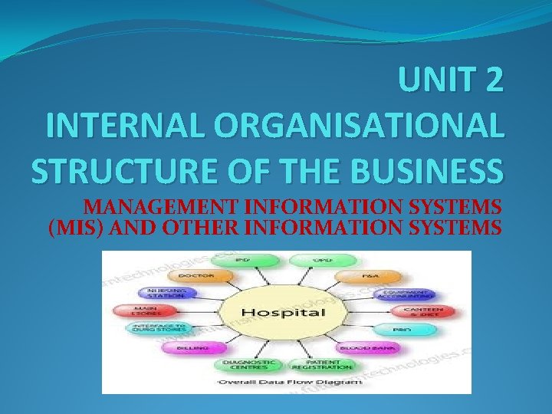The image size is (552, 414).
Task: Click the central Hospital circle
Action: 283,312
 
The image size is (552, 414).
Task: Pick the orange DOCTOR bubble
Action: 196,275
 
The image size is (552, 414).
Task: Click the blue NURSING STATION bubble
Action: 166,294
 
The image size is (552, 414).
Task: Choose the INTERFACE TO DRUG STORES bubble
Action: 156,328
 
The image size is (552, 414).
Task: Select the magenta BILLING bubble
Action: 187,347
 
